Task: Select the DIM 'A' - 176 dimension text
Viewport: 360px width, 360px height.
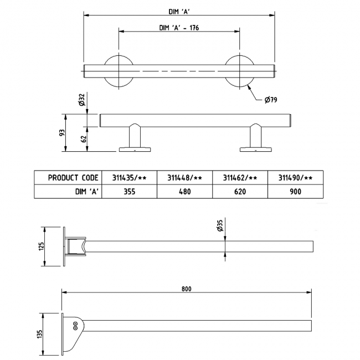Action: pos(179,29)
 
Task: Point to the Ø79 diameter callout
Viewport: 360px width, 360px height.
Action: pos(271,100)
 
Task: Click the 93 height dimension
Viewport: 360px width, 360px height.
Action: pos(63,133)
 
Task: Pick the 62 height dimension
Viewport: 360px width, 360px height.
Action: pos(84,140)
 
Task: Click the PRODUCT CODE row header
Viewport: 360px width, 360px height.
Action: pos(73,178)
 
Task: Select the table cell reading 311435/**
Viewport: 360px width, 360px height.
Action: pos(129,178)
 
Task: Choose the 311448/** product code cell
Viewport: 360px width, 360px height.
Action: pos(184,178)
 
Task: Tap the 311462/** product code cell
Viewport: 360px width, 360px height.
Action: pos(240,178)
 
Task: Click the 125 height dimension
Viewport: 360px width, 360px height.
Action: pos(41,245)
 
